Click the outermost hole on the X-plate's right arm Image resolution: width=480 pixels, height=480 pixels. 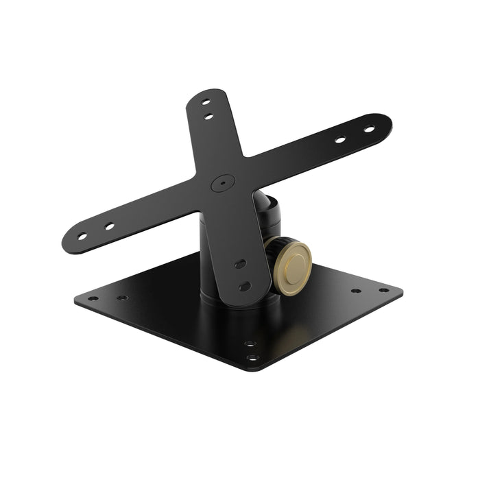click(x=368, y=129)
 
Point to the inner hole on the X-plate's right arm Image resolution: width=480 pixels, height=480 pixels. click(x=339, y=140)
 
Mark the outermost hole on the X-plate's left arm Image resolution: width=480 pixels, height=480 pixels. click(x=82, y=237)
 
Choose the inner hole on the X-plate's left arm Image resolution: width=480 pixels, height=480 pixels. click(x=108, y=225)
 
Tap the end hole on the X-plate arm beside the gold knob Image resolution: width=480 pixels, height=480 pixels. click(x=244, y=285)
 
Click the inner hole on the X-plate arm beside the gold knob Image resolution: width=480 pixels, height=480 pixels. click(x=239, y=263)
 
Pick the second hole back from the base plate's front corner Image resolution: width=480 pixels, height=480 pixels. click(x=248, y=343)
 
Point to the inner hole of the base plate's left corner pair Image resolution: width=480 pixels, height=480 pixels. click(x=121, y=298)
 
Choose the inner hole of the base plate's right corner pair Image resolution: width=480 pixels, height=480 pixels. click(x=357, y=291)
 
